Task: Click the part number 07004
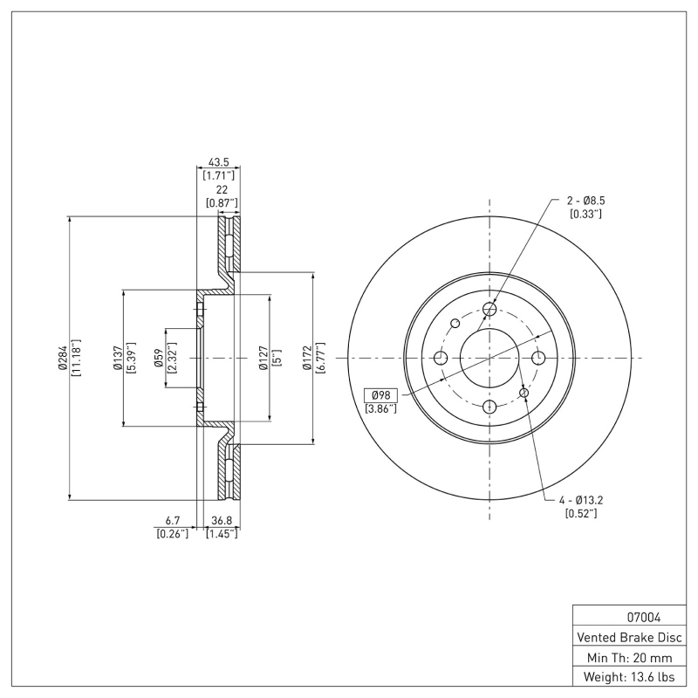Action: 629,617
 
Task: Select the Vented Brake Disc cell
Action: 629,637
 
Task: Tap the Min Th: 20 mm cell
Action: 629,657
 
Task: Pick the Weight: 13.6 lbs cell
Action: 629,677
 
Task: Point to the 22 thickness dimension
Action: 222,190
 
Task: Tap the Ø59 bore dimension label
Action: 158,358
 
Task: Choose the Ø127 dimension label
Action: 263,358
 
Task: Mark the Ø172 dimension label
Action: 306,358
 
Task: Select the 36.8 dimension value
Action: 222,522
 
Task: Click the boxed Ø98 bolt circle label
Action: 380,395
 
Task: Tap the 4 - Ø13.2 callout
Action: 581,501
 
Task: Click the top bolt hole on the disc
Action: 489,309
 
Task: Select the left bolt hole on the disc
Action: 441,358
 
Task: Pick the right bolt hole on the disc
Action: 538,358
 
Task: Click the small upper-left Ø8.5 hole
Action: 455,324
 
